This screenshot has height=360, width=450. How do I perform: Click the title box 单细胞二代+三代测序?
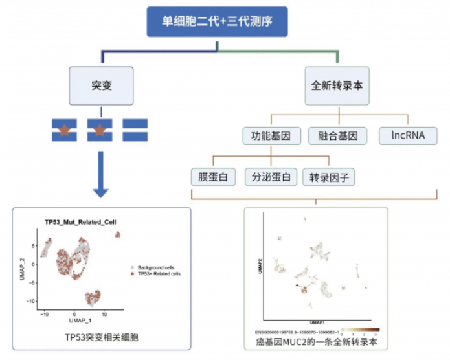(217, 21)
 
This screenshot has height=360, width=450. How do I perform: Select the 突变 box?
(102, 85)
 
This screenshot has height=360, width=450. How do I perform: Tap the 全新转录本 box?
(337, 85)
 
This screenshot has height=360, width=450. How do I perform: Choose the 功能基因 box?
(270, 136)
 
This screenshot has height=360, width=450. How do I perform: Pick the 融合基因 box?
(337, 136)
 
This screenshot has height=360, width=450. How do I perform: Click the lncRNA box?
(408, 136)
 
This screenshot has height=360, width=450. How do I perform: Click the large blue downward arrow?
(100, 175)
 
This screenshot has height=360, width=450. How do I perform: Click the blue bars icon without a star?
(135, 130)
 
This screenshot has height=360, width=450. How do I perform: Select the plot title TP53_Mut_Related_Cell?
(80, 222)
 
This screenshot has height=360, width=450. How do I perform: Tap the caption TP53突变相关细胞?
(102, 337)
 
